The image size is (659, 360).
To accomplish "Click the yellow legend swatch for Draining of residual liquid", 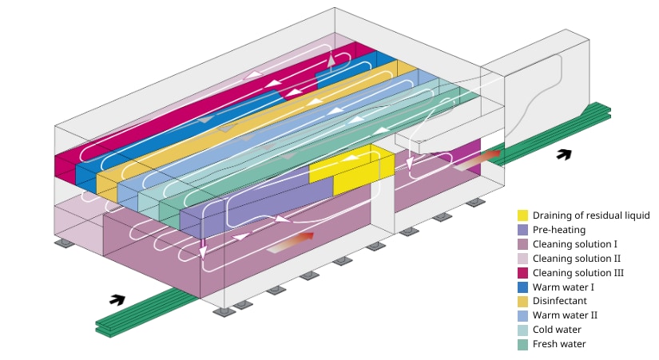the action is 522,216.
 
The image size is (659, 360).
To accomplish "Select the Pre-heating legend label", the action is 559,230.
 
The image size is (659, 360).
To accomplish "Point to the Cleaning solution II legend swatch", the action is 522,259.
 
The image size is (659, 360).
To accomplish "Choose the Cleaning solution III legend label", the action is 578,273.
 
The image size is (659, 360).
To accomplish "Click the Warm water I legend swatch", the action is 522,287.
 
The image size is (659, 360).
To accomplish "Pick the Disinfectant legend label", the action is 560,301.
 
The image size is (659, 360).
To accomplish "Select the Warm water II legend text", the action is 565,315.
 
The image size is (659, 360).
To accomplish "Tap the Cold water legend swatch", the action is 522,330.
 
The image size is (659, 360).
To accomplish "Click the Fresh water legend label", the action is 559,343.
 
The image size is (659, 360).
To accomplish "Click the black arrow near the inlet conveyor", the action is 117,299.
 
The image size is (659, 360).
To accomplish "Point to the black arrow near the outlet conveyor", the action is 564,154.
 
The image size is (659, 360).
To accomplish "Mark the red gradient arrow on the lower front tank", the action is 291,243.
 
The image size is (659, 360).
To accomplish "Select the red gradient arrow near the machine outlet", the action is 477,160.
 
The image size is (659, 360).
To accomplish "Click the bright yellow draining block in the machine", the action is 352,169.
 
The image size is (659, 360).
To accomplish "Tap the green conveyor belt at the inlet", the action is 147,311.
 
